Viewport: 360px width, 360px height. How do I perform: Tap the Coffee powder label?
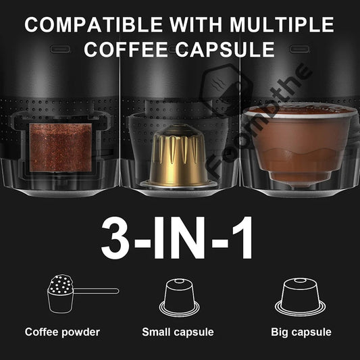pos(62,332)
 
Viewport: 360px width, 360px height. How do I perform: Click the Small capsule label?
pos(178,332)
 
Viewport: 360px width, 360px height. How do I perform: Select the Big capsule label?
pos(301,332)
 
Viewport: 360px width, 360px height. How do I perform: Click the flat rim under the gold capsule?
pos(180,184)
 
